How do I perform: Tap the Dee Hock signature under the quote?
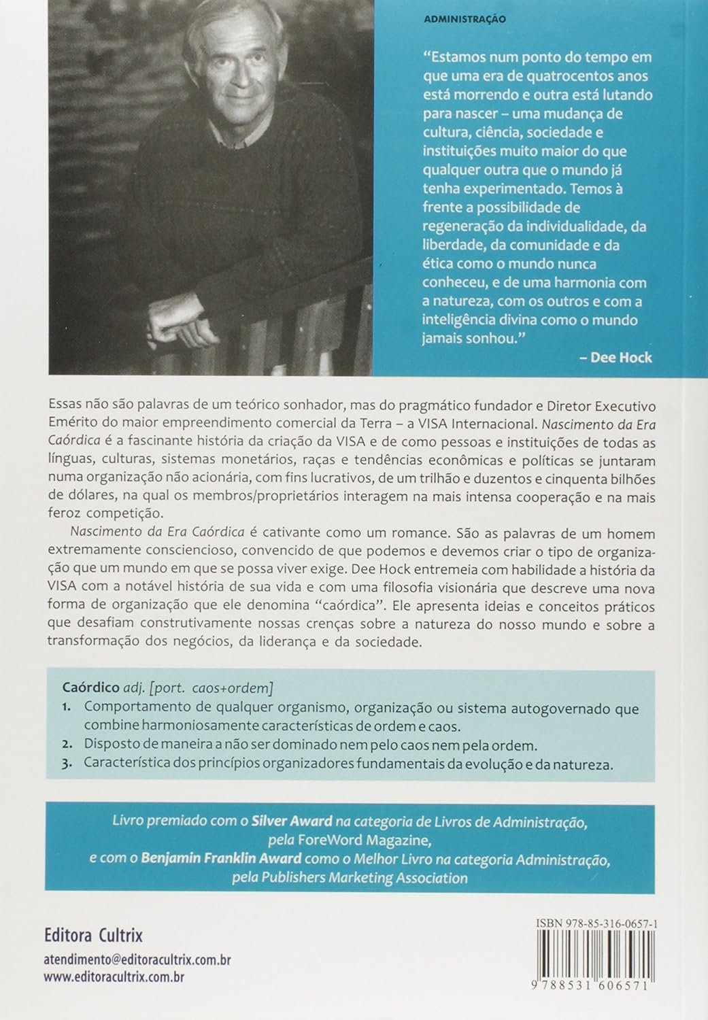tap(616, 357)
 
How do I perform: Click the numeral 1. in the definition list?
tap(67, 708)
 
